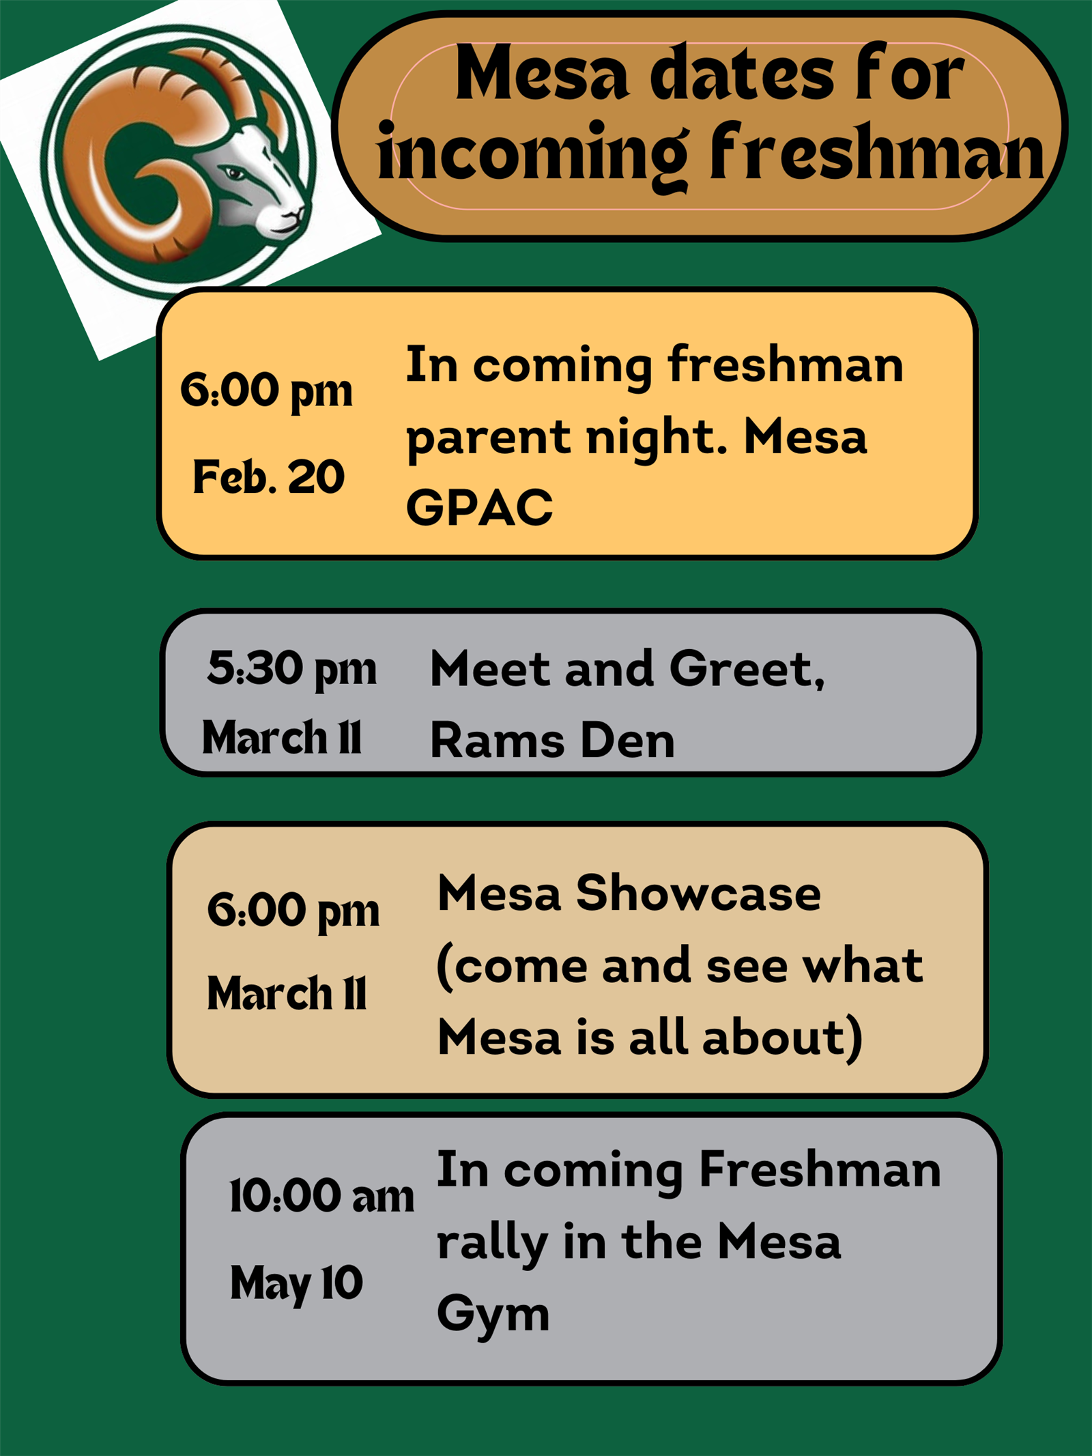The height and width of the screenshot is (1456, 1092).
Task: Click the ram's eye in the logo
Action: click(x=234, y=173)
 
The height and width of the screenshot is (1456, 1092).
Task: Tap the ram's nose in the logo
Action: click(x=295, y=217)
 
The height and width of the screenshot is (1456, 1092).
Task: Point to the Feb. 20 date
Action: click(x=268, y=476)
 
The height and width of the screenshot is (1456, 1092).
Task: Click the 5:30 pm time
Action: click(x=291, y=668)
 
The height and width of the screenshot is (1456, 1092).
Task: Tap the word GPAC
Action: click(x=479, y=507)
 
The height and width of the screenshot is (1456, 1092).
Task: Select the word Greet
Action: click(x=747, y=669)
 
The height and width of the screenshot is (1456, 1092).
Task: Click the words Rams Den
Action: click(x=552, y=740)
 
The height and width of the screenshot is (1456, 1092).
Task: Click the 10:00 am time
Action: click(x=321, y=1196)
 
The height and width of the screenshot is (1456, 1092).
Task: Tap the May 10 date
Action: click(x=296, y=1283)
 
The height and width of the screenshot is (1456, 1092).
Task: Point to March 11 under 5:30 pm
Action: click(x=281, y=738)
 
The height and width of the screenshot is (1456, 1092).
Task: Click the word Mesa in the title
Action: click(x=542, y=72)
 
